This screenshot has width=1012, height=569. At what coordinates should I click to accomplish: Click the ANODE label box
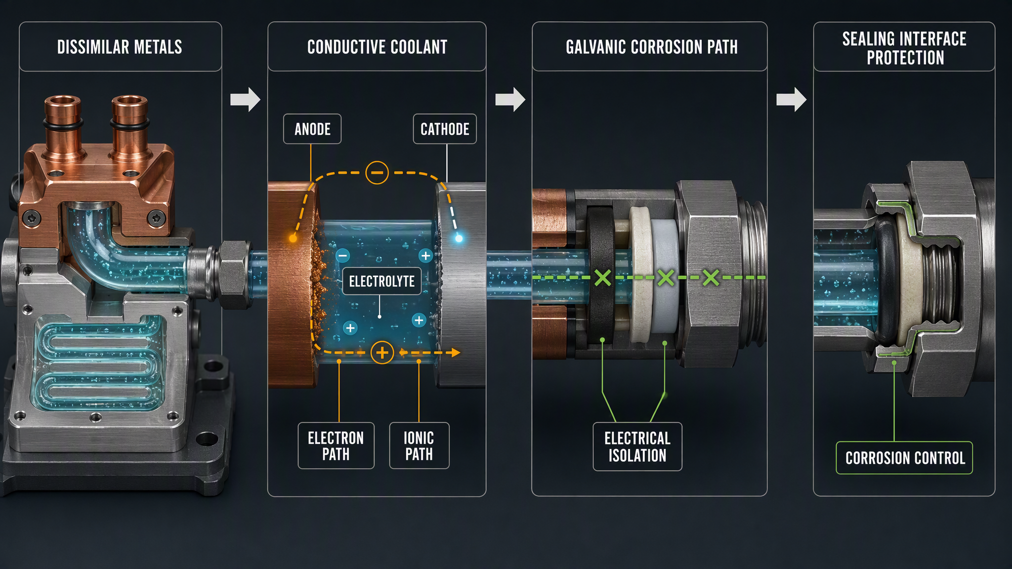click(312, 129)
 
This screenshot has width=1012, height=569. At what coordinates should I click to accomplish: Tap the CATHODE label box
click(445, 129)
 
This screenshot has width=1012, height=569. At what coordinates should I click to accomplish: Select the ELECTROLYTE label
click(382, 281)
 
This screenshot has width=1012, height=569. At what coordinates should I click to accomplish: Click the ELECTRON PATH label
click(336, 446)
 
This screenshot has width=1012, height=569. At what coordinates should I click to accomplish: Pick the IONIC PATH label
click(419, 446)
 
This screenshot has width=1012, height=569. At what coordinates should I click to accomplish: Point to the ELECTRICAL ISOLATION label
click(637, 447)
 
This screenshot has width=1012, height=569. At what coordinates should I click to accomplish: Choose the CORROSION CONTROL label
click(904, 458)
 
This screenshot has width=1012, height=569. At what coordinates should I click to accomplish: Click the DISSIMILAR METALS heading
click(120, 47)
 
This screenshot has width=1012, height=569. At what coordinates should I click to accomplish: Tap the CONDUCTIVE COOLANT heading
click(377, 47)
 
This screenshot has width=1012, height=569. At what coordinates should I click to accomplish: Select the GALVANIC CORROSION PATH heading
click(652, 47)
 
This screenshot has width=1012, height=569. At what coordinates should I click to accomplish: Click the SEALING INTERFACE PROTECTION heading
click(905, 48)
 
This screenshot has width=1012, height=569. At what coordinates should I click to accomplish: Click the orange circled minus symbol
click(377, 172)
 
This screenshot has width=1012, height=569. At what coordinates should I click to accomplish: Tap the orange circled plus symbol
click(382, 353)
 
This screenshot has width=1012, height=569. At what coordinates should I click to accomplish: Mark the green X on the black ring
click(603, 278)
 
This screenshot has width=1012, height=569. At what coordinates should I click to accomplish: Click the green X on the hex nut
click(711, 278)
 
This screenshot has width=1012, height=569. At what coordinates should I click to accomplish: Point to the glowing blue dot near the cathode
click(459, 239)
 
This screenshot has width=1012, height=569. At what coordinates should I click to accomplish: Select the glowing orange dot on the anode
click(293, 239)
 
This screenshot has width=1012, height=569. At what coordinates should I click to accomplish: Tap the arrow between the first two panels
click(245, 99)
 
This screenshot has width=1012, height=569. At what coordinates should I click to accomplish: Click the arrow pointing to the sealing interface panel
click(791, 99)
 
